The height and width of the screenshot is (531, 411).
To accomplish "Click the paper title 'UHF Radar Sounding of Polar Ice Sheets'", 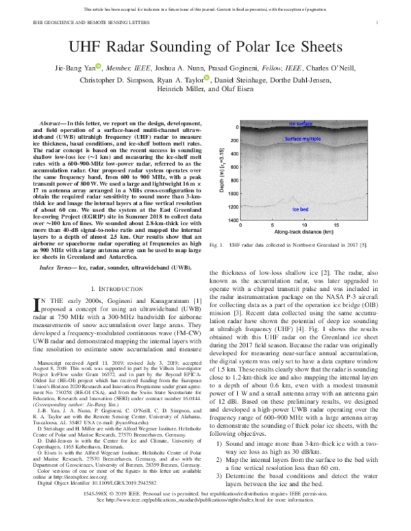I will (206, 47).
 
